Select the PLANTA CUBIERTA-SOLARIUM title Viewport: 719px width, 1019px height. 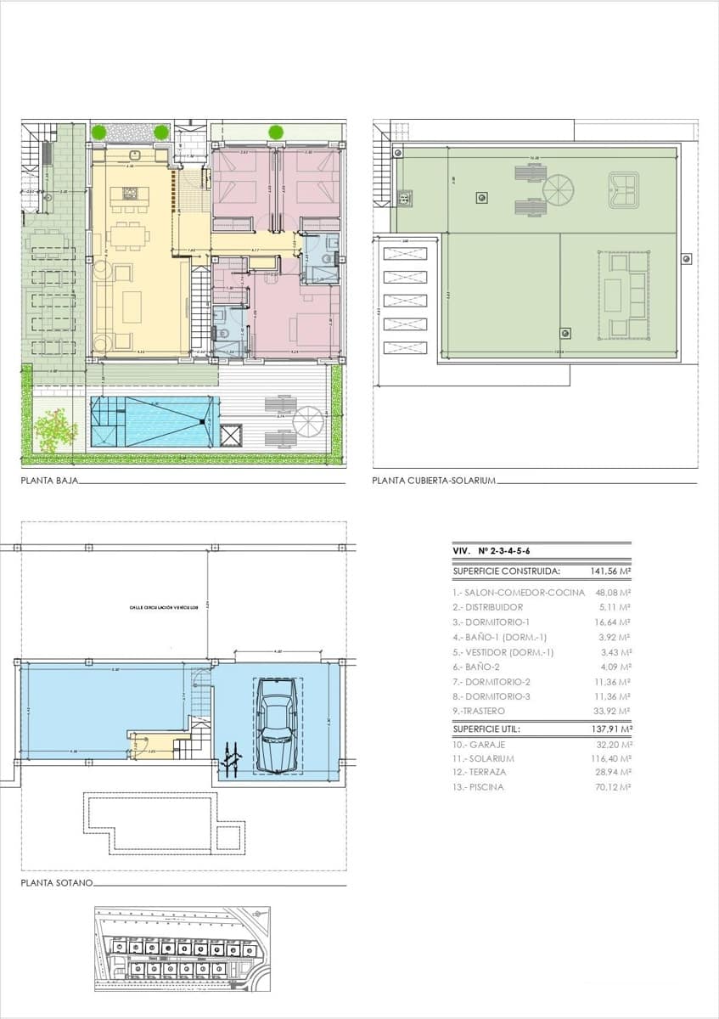(x=433, y=481)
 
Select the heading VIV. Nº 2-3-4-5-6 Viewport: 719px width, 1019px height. (x=492, y=551)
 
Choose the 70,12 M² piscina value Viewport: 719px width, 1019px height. (x=613, y=787)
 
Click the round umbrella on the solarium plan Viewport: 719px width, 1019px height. (x=559, y=188)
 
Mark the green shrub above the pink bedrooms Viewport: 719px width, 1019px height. (x=276, y=132)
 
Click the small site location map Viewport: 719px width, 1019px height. (x=182, y=948)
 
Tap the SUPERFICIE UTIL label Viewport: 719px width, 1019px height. (x=486, y=729)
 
